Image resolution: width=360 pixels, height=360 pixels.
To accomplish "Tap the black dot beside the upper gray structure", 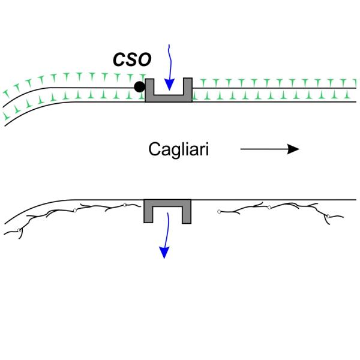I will [139, 87].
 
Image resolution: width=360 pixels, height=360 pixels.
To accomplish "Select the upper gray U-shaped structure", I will [169, 96].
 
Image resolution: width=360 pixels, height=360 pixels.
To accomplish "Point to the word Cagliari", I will [178, 149].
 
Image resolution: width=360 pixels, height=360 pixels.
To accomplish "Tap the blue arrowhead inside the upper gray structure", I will [170, 88].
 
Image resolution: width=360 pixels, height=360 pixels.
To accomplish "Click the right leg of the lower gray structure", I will [187, 213].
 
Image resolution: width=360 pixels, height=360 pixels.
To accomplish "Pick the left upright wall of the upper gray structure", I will [149, 88].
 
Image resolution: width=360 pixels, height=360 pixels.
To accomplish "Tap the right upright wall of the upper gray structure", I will [188, 88].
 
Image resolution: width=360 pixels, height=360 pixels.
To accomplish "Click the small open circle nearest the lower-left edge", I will [20, 229].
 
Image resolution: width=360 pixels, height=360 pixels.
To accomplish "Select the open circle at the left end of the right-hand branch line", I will [218, 211].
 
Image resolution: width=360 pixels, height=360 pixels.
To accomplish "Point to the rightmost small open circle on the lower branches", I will [326, 214].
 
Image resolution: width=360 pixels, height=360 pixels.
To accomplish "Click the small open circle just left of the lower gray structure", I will [124, 205].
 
